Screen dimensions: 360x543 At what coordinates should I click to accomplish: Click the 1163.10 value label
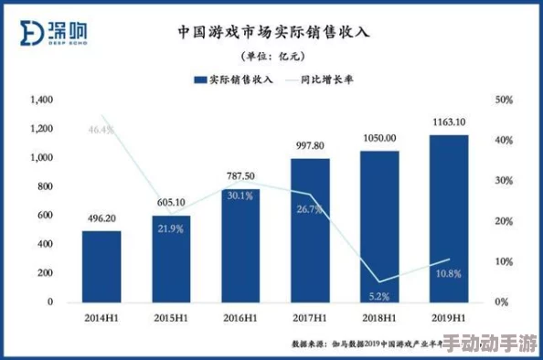tap(449, 122)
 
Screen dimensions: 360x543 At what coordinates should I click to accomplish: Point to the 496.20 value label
tap(101, 218)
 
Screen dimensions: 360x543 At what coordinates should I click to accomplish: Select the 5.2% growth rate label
tap(379, 296)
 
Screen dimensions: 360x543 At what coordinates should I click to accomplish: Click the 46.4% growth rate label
tap(101, 130)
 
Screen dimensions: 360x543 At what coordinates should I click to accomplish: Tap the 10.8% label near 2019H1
tap(449, 273)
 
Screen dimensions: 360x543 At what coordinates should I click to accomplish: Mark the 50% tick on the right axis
tap(503, 100)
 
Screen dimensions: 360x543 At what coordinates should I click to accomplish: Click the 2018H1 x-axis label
tap(379, 318)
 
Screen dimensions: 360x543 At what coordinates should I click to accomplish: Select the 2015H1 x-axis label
tap(170, 318)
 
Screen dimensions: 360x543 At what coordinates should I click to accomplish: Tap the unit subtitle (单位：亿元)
tap(272, 57)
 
